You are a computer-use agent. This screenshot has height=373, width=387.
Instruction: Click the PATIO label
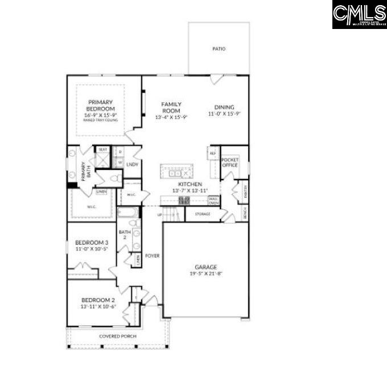pyautogui.click(x=219, y=49)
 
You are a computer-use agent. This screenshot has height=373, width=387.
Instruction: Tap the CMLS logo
pyautogui.click(x=359, y=14)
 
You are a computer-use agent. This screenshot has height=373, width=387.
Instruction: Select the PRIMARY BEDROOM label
pyautogui.click(x=101, y=105)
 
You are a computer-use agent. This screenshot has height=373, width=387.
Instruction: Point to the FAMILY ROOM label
pyautogui.click(x=171, y=107)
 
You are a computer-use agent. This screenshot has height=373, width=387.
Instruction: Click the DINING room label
pyautogui.click(x=224, y=107)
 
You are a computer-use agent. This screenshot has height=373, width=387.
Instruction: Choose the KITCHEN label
pyautogui.click(x=190, y=185)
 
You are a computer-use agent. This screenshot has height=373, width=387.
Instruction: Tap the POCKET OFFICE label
pyautogui.click(x=229, y=162)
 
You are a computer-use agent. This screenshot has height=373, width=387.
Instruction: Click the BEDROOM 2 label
pyautogui.click(x=98, y=300)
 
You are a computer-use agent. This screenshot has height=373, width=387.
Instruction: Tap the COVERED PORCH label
pyautogui.click(x=117, y=336)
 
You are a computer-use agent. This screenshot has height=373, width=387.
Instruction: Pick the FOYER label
pyautogui.click(x=152, y=256)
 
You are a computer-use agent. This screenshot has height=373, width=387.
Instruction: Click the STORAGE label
pyautogui.click(x=203, y=214)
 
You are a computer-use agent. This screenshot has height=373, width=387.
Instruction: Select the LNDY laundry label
pyautogui.click(x=133, y=164)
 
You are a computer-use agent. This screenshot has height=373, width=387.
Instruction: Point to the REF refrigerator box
pyautogui.click(x=213, y=154)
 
